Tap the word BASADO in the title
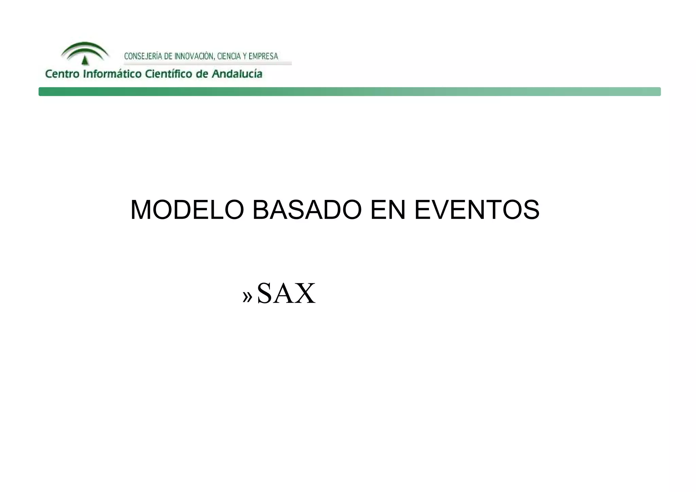(x=307, y=210)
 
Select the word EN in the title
(x=388, y=210)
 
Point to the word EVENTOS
(x=477, y=210)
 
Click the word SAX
(x=286, y=293)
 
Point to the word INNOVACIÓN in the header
(x=194, y=56)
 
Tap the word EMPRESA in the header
(x=263, y=56)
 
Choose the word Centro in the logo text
(x=62, y=74)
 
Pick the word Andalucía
(x=237, y=74)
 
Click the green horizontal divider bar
(x=349, y=91)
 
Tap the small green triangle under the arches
(x=85, y=61)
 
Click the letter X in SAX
(x=304, y=293)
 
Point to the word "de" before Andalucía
(x=202, y=74)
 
